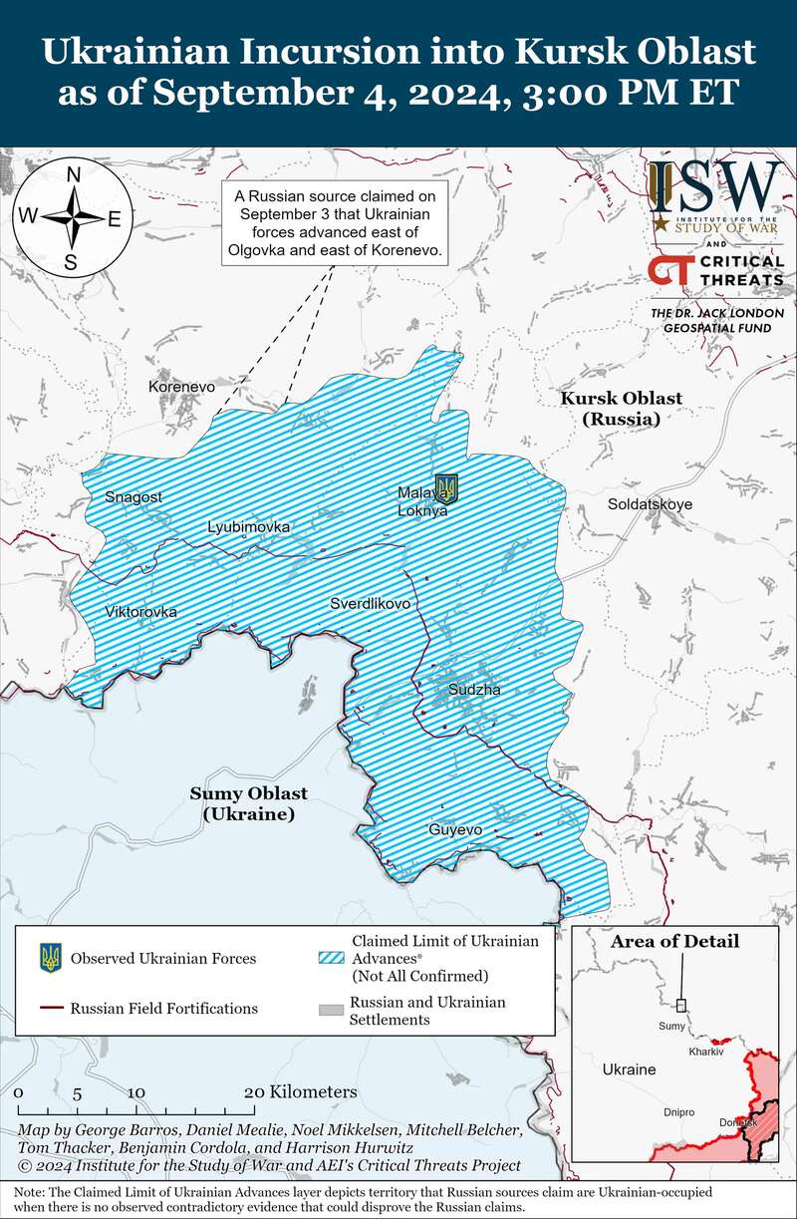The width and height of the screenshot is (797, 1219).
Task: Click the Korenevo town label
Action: [181, 386]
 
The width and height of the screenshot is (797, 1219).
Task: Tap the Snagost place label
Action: [133, 496]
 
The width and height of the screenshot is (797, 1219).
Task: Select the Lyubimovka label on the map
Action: [248, 526]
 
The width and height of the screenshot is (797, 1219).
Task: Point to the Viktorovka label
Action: [140, 611]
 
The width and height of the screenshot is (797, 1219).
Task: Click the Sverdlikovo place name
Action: [370, 604]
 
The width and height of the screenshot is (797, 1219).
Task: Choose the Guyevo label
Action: [455, 829]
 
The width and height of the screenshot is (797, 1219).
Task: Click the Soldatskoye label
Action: [650, 504]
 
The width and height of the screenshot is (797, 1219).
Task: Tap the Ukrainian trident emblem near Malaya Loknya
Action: [447, 487]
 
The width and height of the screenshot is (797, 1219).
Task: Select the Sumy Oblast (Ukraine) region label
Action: [249, 803]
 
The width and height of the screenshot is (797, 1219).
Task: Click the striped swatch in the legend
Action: [329, 959]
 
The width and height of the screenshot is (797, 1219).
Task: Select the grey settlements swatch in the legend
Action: [329, 1011]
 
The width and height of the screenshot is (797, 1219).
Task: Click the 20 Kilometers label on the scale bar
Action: [300, 1091]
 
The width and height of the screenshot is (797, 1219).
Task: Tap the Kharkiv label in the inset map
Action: [704, 1052]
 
